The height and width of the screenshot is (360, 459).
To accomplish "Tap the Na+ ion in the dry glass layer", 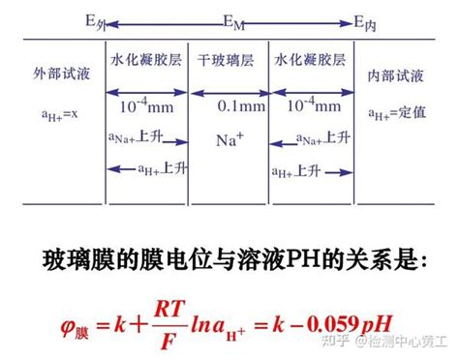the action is pos(229,139).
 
